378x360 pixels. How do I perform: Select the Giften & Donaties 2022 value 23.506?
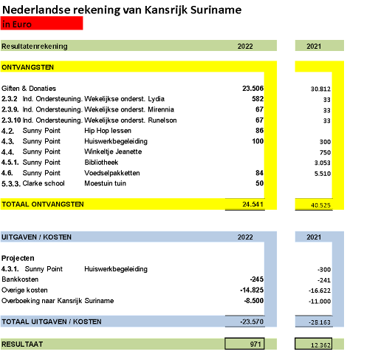tap(252, 88)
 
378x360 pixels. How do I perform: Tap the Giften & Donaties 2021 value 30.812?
tap(320, 89)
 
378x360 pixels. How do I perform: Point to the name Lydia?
tap(156, 99)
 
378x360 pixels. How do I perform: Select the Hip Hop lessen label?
tap(108, 131)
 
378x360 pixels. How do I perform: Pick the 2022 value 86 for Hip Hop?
tap(259, 131)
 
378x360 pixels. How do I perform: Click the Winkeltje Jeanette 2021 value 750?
tap(325, 152)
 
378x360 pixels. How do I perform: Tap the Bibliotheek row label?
tap(101, 163)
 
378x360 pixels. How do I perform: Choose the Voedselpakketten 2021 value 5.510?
tap(323, 174)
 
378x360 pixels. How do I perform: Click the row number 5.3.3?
tap(11, 184)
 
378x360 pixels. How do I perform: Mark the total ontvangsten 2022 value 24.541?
tap(252, 204)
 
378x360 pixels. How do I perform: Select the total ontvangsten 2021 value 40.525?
tap(320, 206)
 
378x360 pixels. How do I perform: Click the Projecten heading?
tap(18, 258)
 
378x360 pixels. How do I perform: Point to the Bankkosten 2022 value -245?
tap(257, 279)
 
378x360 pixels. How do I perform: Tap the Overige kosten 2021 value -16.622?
tap(320, 291)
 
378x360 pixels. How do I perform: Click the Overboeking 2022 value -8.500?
tap(254, 301)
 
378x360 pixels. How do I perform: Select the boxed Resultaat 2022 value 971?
tap(255, 344)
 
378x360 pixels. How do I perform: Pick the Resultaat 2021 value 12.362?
tap(320, 345)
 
